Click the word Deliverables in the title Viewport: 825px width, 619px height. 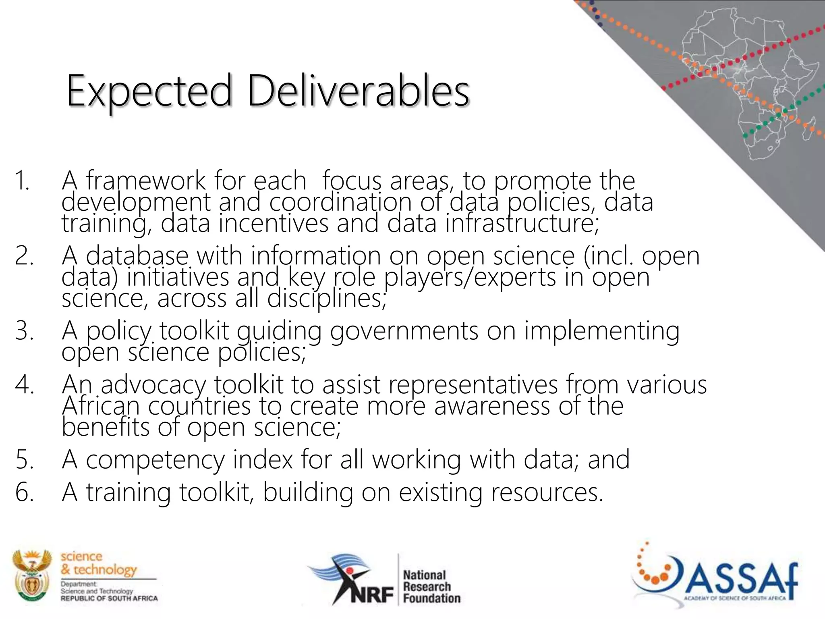point(358,91)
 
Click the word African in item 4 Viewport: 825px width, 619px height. point(101,405)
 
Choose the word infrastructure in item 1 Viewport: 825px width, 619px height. point(522,223)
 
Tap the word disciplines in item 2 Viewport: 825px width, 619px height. point(327,299)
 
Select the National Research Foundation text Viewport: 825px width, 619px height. point(431,586)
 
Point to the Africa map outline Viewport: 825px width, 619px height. point(745,81)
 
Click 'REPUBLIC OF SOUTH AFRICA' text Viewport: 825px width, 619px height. point(109,598)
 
